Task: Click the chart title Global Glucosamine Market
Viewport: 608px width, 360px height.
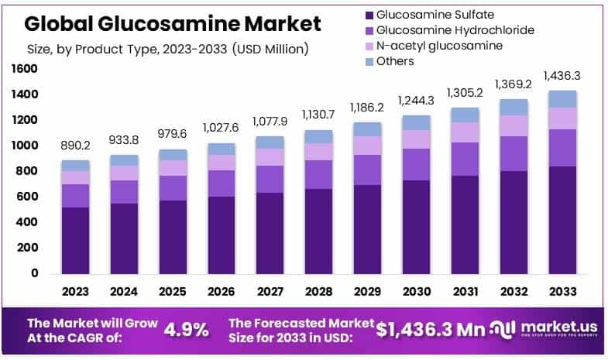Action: click(x=172, y=23)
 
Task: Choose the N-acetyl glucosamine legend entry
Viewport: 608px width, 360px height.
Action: click(x=438, y=46)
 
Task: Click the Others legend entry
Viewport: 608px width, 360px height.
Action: click(x=394, y=61)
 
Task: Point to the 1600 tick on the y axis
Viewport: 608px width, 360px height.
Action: click(x=25, y=69)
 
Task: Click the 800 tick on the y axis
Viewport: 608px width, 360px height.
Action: click(x=28, y=171)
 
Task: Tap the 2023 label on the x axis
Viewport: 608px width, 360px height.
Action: click(x=75, y=292)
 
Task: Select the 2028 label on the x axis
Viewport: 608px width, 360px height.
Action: click(x=318, y=292)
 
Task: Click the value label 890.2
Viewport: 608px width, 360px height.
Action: click(x=75, y=145)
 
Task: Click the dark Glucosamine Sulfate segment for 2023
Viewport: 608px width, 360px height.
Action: click(x=75, y=240)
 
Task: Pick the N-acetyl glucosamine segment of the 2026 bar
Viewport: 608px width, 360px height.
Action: click(x=221, y=163)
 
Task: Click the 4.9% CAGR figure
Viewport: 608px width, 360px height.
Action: click(x=187, y=329)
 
